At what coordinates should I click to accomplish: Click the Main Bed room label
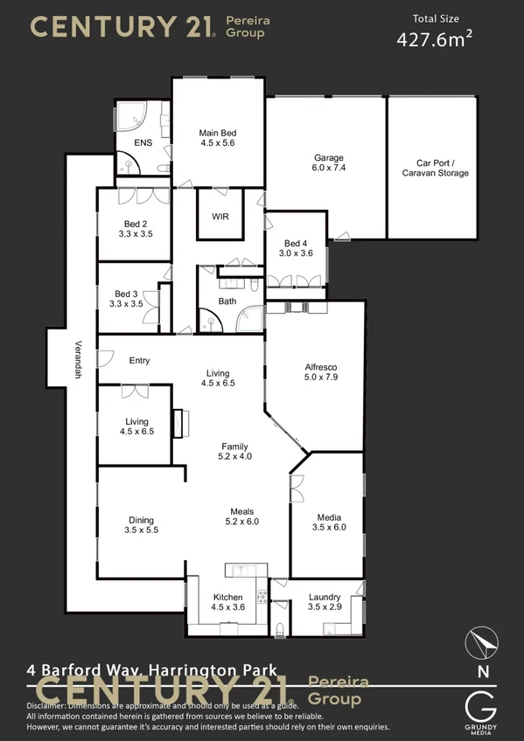coord(218,137)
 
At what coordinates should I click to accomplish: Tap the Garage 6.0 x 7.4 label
coord(329,163)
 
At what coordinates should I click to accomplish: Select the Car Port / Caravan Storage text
coord(435,168)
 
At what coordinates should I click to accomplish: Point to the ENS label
coord(143,142)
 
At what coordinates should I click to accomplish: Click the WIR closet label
coord(220,215)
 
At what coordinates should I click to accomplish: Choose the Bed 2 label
coord(135,229)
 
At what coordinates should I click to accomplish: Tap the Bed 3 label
coord(128,299)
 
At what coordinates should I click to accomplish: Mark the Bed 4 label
coord(296,248)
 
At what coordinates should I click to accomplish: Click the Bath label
coord(227,301)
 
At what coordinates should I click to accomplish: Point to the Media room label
coord(329,522)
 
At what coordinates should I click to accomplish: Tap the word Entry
coord(140,360)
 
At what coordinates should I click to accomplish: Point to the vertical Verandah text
coord(78,359)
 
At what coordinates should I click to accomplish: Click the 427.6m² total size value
coord(435,39)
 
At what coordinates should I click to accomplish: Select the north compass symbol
coord(482,643)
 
